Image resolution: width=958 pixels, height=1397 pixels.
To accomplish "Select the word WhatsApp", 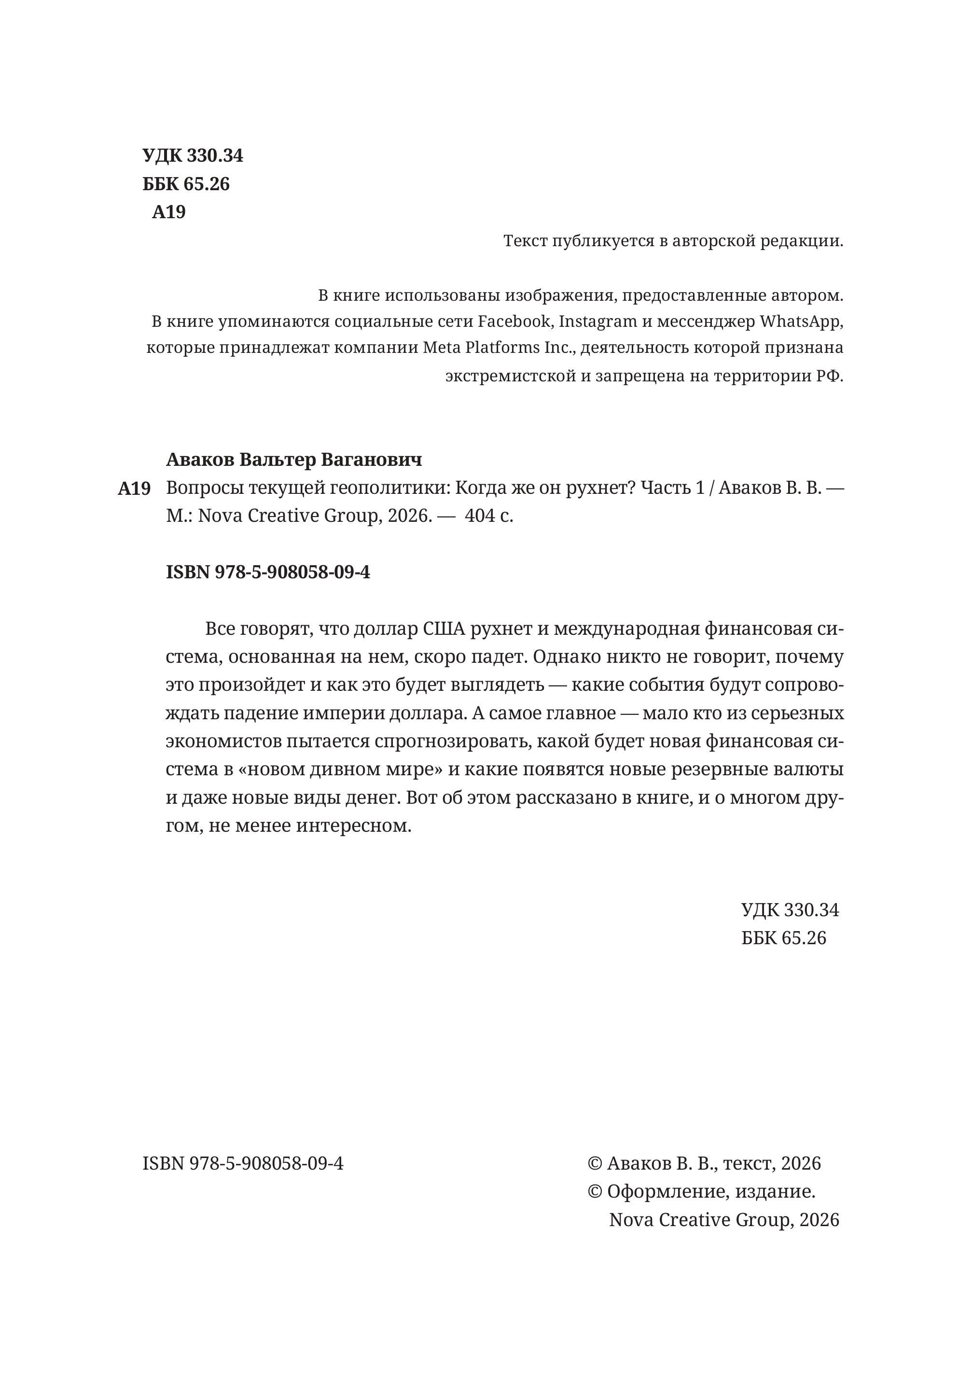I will (x=801, y=321).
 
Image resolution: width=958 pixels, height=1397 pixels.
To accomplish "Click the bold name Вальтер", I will (x=277, y=460).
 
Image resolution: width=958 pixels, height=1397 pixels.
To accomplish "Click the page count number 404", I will (x=480, y=516).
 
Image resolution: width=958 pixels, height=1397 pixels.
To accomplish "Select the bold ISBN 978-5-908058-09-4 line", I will (x=268, y=572).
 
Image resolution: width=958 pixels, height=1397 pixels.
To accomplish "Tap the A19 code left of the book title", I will (x=134, y=489).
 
